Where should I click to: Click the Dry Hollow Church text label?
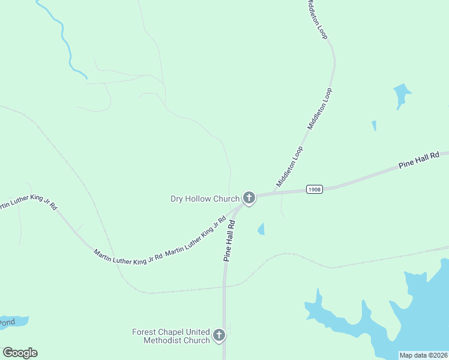pyautogui.click(x=205, y=199)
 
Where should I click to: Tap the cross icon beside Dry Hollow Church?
pyautogui.click(x=249, y=198)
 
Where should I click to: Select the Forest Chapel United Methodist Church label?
pyautogui.click(x=171, y=336)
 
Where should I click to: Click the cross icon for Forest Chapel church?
pyautogui.click(x=219, y=335)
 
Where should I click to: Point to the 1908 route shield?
pyautogui.click(x=315, y=189)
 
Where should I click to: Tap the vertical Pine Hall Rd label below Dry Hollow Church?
pyautogui.click(x=229, y=240)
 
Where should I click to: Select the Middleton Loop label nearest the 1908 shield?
pyautogui.click(x=289, y=166)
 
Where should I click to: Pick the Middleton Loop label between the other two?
pyautogui.click(x=320, y=109)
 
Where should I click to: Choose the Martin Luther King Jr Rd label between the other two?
pyautogui.click(x=128, y=259)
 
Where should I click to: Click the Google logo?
pyautogui.click(x=20, y=353)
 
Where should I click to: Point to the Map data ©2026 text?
pyautogui.click(x=423, y=355)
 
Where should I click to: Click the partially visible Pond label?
pyautogui.click(x=7, y=322)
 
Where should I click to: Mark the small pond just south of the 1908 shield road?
pyautogui.click(x=261, y=229)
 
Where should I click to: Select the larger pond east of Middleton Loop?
pyautogui.click(x=402, y=94)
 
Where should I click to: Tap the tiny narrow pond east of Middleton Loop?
pyautogui.click(x=374, y=125)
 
